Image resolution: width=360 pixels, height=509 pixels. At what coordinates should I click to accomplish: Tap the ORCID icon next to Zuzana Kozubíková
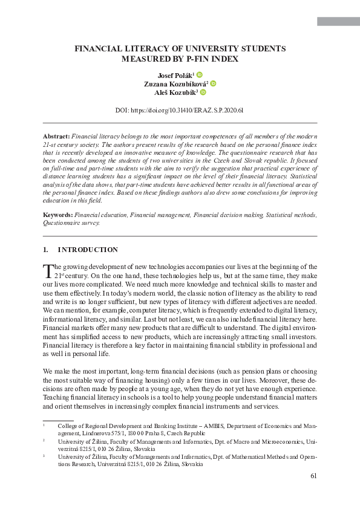tap(213, 83)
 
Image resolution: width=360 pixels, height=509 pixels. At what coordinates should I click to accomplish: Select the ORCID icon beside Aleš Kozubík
tap(203, 92)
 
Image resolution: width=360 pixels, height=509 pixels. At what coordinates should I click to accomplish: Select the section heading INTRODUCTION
tap(88, 250)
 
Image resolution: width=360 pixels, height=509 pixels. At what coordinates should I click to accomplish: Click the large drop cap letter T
tap(48, 270)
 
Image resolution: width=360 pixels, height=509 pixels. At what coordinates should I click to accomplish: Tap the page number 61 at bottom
tap(313, 476)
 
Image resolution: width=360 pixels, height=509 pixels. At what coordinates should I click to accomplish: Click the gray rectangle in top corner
tap(338, 22)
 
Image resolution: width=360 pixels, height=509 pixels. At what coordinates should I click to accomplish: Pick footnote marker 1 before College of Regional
tap(44, 425)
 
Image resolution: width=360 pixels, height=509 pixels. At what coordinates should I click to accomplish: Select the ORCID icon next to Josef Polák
tap(200, 74)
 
